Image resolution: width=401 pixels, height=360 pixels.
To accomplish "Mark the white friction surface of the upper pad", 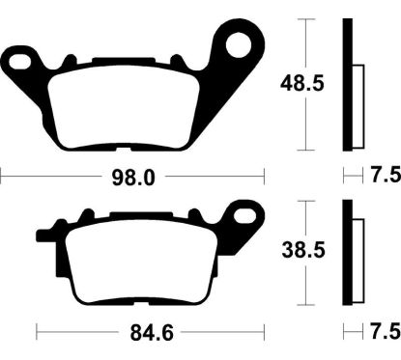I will tap(125, 106).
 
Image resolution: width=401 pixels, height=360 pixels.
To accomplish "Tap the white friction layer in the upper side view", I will tap(358, 106).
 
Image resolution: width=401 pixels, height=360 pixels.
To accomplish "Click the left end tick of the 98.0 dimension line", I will tap(2, 177).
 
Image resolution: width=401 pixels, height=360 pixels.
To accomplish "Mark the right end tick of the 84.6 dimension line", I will tap(264, 335).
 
